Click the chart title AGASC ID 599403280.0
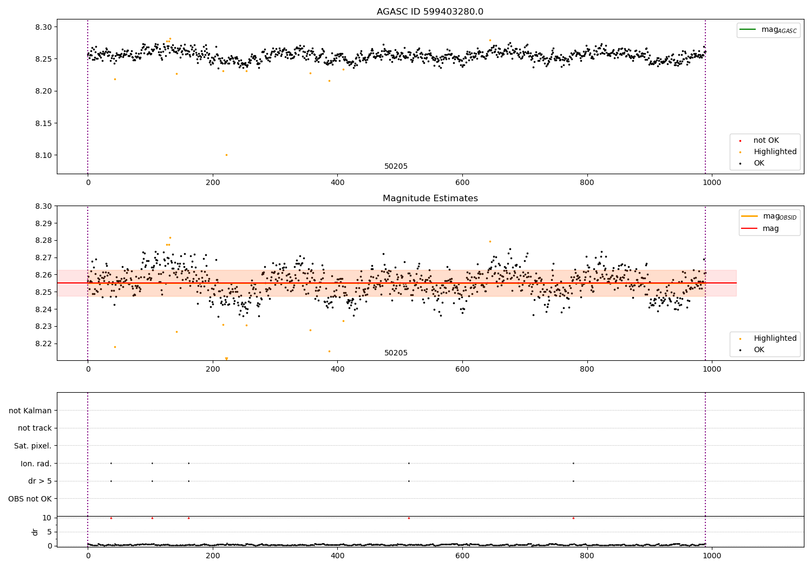point(430,12)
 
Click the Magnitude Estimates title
point(430,199)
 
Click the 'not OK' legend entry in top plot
point(766,141)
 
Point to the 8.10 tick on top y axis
point(44,155)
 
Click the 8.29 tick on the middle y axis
point(44,223)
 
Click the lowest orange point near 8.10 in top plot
point(226,155)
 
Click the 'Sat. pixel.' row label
point(32,446)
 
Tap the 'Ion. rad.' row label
point(36,464)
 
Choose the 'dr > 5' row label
point(40,481)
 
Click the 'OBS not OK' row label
point(30,499)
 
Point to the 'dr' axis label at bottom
point(35,532)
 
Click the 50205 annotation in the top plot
point(396,167)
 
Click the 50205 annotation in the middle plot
point(396,353)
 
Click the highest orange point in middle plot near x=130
point(170,237)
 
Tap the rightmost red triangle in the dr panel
point(573,518)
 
